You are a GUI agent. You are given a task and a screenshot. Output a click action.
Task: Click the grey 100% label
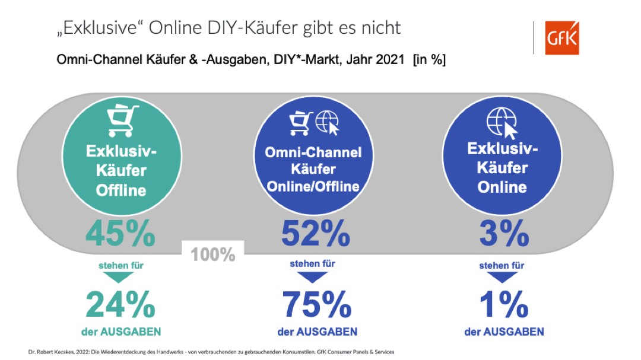click(x=213, y=256)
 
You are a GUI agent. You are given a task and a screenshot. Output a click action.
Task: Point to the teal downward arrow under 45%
click(x=120, y=277)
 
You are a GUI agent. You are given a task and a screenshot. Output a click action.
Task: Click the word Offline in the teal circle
click(x=121, y=190)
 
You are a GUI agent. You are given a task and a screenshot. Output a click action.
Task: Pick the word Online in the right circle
click(x=502, y=187)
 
